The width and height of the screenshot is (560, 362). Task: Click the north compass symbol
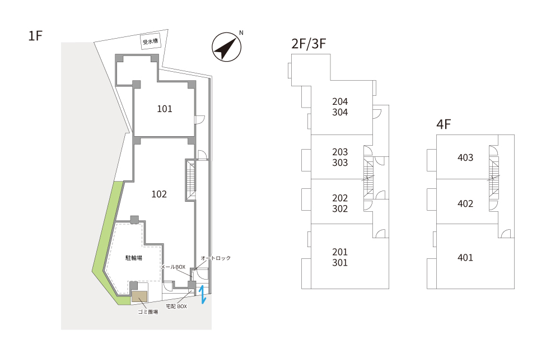click(x=226, y=47)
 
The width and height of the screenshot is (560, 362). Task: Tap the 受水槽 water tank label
click(x=150, y=41)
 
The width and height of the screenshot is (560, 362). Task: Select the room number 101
click(x=165, y=109)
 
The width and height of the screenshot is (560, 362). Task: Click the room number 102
click(x=159, y=194)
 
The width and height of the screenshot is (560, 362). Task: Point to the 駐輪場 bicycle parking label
click(x=134, y=258)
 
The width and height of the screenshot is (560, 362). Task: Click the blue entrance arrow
click(x=203, y=294)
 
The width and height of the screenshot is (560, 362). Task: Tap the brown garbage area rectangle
click(x=139, y=296)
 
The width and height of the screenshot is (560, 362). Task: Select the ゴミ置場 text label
click(x=148, y=312)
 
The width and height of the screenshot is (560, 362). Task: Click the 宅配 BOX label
click(x=176, y=307)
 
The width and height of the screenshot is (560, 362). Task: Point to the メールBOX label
click(x=173, y=267)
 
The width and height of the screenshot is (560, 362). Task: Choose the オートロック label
click(x=216, y=258)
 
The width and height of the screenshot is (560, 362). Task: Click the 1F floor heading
click(x=35, y=36)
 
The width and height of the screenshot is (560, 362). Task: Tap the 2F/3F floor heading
click(x=309, y=44)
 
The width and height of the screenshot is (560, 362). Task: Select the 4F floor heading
click(x=444, y=124)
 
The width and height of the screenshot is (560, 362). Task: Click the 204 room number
click(x=340, y=101)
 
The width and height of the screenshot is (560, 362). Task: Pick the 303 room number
click(x=340, y=163)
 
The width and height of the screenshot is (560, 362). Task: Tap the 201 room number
click(x=340, y=252)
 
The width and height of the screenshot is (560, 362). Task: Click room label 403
click(x=465, y=157)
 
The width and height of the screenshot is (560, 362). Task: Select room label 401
click(x=465, y=258)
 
